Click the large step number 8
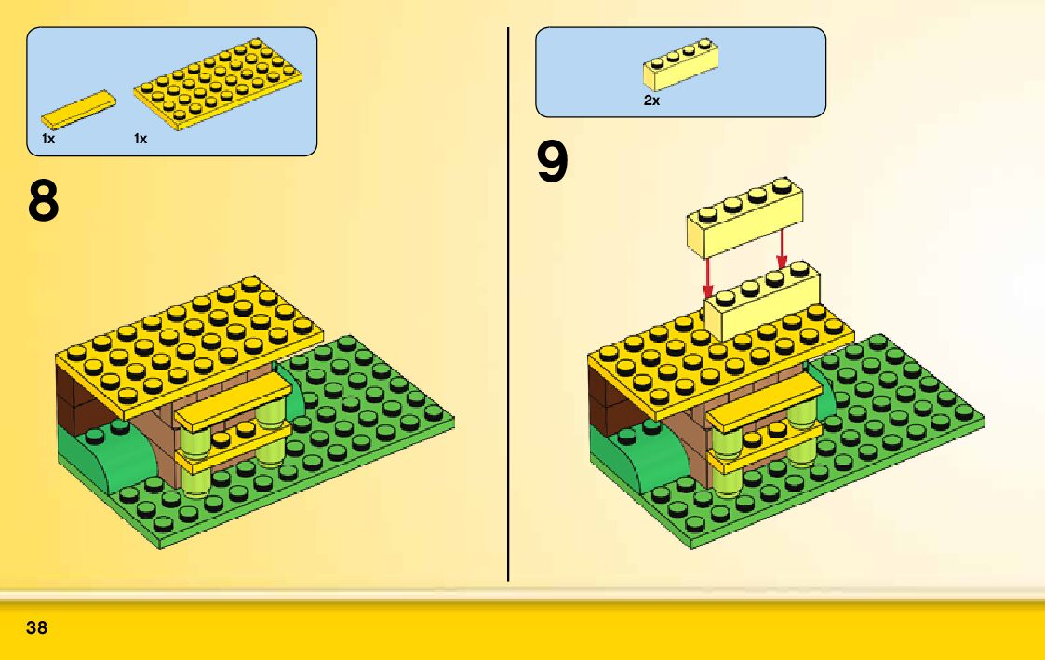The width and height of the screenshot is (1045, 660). click(43, 201)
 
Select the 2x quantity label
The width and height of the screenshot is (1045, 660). click(651, 101)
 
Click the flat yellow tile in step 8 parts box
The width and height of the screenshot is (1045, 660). click(79, 110)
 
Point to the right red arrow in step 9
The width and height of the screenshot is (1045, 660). click(782, 247)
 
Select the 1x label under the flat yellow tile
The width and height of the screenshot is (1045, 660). click(48, 139)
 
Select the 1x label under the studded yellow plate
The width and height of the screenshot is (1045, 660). click(141, 139)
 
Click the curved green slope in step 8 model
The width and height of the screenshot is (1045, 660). click(102, 454)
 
